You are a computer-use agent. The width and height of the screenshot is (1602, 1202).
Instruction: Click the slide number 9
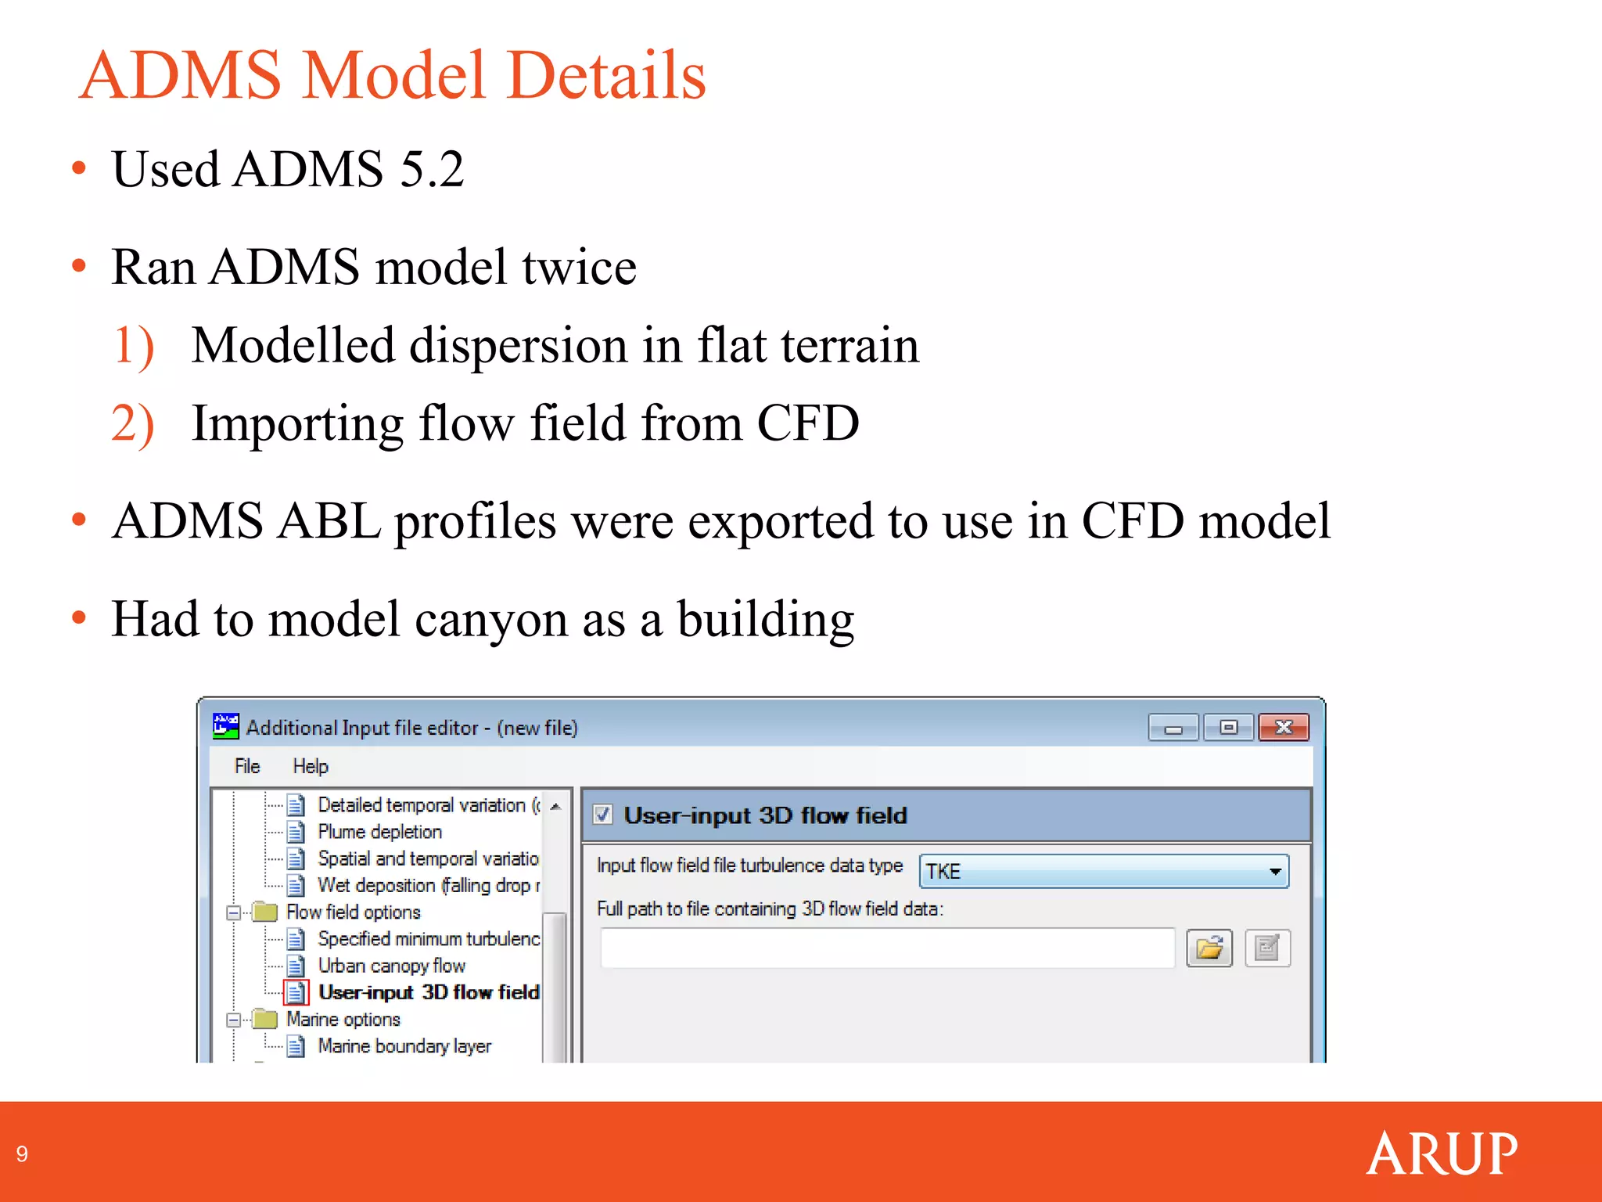(22, 1154)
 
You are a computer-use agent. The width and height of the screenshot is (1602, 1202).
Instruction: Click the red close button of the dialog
(1283, 728)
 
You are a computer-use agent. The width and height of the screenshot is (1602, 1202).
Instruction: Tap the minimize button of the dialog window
(1173, 728)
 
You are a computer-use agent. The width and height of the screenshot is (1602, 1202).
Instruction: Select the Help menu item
(311, 766)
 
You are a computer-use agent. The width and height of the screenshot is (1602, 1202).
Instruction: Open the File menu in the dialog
(247, 766)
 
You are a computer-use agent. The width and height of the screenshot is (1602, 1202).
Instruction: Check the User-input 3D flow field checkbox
(603, 815)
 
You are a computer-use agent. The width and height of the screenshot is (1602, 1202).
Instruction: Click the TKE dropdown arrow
(1275, 871)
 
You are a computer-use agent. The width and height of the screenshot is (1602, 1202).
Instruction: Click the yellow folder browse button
(1209, 948)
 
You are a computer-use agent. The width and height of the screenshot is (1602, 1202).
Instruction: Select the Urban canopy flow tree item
(391, 966)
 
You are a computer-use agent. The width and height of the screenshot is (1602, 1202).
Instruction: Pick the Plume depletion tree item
(379, 832)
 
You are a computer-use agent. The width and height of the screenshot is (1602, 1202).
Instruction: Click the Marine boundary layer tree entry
(404, 1046)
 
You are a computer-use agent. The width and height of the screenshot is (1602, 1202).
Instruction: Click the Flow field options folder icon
(266, 912)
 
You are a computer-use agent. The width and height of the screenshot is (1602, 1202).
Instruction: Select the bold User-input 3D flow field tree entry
(429, 992)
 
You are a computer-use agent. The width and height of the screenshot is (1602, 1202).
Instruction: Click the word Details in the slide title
(606, 75)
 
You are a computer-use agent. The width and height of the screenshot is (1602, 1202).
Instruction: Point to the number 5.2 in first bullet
(432, 169)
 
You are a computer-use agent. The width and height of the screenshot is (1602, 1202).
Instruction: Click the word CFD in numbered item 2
(807, 423)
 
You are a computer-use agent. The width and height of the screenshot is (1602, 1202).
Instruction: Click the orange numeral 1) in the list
(133, 345)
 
